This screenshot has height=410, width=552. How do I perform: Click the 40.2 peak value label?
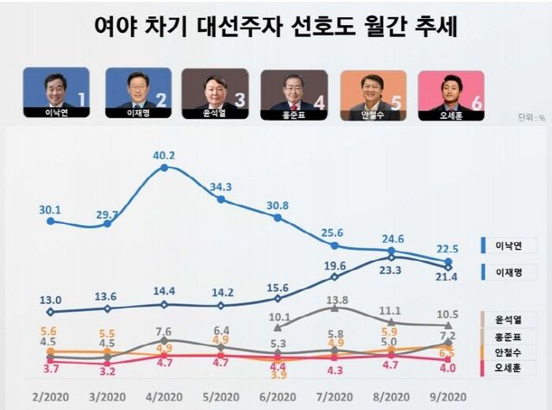164,155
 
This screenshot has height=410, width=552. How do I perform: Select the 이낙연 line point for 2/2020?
51,221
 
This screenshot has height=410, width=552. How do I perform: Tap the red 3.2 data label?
108,372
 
